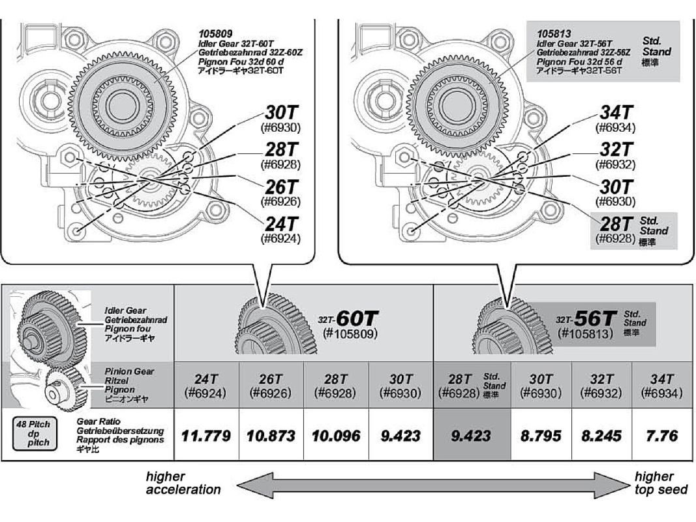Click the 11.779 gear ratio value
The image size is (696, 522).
coord(206,435)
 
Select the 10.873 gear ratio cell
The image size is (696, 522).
coord(271,435)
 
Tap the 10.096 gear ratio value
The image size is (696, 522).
coord(336,435)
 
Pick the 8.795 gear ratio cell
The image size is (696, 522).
coord(541,435)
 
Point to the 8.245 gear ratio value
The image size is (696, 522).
coord(601,435)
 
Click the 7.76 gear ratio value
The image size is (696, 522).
coord(661,435)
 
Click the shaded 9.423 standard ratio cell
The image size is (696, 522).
coord(470,435)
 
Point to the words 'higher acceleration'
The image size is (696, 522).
coord(183,483)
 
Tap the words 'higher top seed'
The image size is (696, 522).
coord(660,483)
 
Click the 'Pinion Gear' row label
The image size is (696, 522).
coord(129,371)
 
